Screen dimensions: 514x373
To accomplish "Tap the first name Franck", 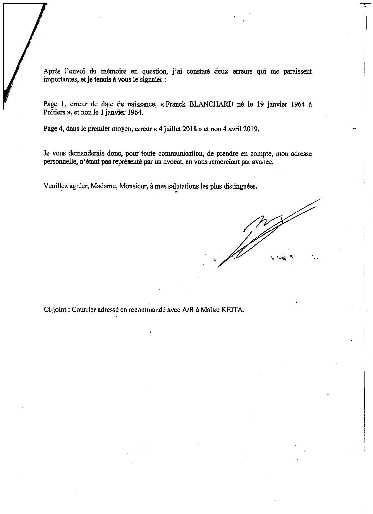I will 176,105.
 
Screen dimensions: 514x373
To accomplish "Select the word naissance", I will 137,105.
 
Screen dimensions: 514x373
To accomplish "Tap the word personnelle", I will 58,162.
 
